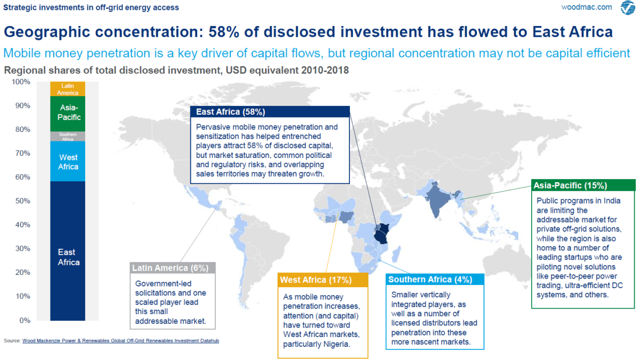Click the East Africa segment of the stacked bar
[68, 251]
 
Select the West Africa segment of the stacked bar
[68, 162]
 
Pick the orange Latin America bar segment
[68, 89]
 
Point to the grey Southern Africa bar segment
[68, 136]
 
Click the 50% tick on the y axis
[22, 201]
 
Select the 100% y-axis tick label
[21, 82]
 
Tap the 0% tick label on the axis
[24, 320]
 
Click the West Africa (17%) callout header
[323, 280]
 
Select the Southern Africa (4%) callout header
[435, 280]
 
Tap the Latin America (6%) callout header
[173, 267]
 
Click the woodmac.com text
[586, 7]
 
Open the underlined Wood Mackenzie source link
[121, 341]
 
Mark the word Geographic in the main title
[51, 32]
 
